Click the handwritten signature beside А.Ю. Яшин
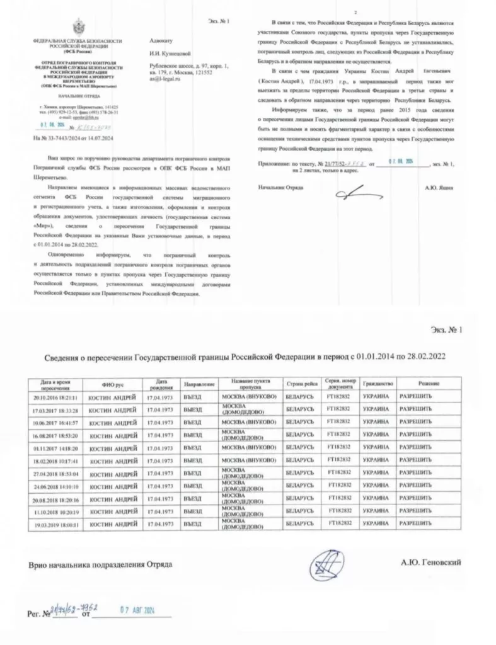point(357,191)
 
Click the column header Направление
point(199,384)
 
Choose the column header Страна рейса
point(301,384)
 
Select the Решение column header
point(428,384)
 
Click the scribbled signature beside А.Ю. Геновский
point(328,561)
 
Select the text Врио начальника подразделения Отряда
point(100,564)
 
